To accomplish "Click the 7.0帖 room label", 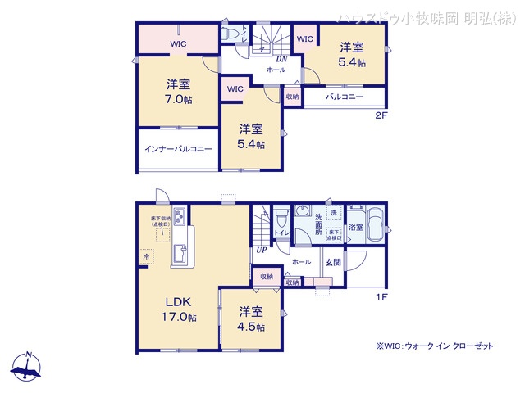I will click(178, 91).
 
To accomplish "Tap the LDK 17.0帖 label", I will click(177, 309).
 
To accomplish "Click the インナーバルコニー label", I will click(178, 149).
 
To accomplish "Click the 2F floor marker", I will click(381, 115).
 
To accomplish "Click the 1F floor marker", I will click(381, 296).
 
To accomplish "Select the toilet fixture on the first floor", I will click(281, 220).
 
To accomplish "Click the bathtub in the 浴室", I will click(374, 224).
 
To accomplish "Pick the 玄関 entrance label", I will click(333, 262).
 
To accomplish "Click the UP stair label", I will click(261, 250).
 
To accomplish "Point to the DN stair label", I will click(281, 59).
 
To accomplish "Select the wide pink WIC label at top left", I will click(178, 44).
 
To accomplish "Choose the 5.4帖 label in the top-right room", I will click(353, 54).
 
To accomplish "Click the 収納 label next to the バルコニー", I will click(293, 97).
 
